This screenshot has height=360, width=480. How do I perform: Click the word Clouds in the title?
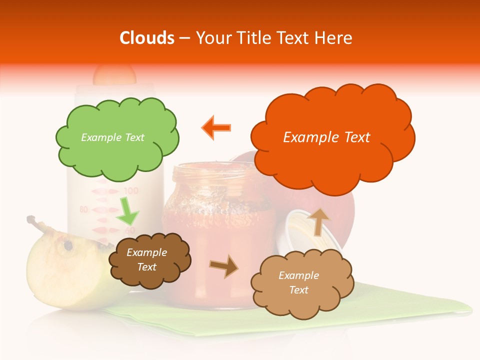click(x=146, y=38)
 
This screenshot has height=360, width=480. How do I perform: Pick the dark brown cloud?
click(x=149, y=260)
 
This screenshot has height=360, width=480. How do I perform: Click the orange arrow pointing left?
click(x=216, y=127)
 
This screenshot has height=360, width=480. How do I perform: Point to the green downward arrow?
click(x=127, y=210)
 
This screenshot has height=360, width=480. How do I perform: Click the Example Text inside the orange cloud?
click(x=326, y=137)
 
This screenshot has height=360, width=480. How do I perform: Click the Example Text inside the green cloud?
click(x=112, y=137)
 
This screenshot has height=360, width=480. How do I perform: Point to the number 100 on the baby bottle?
click(x=130, y=191)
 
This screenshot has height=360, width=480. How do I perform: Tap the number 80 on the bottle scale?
click(x=83, y=209)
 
